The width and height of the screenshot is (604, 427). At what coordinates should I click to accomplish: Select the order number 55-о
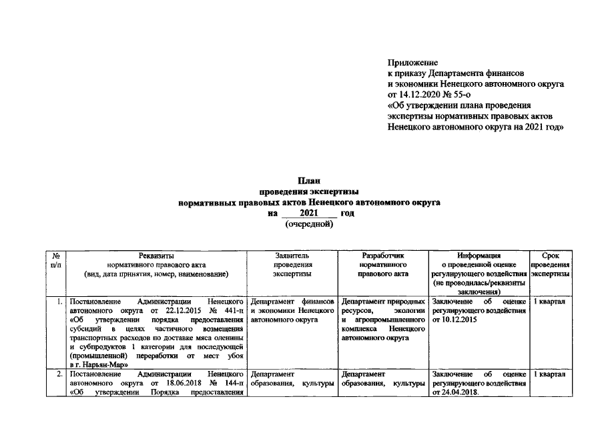point(461,94)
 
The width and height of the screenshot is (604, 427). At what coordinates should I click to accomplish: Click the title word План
point(309,181)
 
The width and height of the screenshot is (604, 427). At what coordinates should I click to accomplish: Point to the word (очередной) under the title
point(309,224)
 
